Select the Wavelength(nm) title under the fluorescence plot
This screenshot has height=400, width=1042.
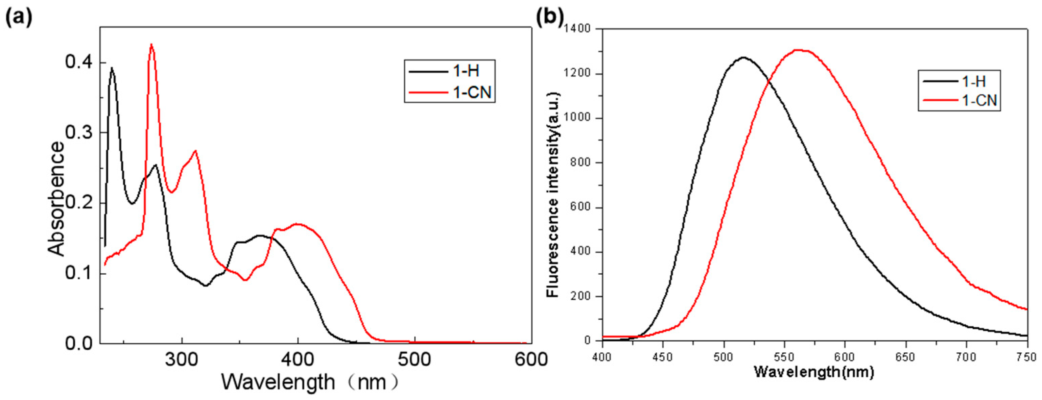[814, 372]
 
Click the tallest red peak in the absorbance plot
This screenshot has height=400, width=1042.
[151, 45]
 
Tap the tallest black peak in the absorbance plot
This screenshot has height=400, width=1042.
[112, 68]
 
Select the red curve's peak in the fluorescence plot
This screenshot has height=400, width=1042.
[799, 50]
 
